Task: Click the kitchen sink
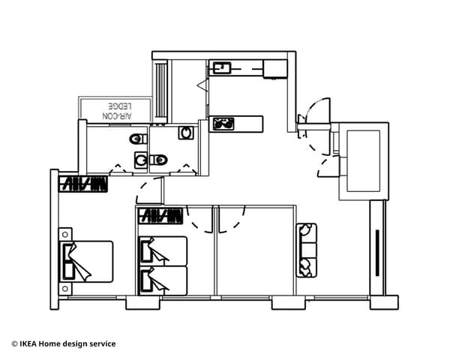[x=220, y=68]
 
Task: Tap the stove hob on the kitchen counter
[x=223, y=123]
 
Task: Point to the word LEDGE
[x=120, y=106]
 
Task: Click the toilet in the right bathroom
[x=159, y=160]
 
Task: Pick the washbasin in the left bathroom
[x=141, y=159]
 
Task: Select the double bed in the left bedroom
[x=87, y=261]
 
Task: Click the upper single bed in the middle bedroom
[x=163, y=250]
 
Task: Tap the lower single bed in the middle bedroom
[x=163, y=280]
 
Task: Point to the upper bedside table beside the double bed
[x=66, y=234]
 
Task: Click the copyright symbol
[x=14, y=344]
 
